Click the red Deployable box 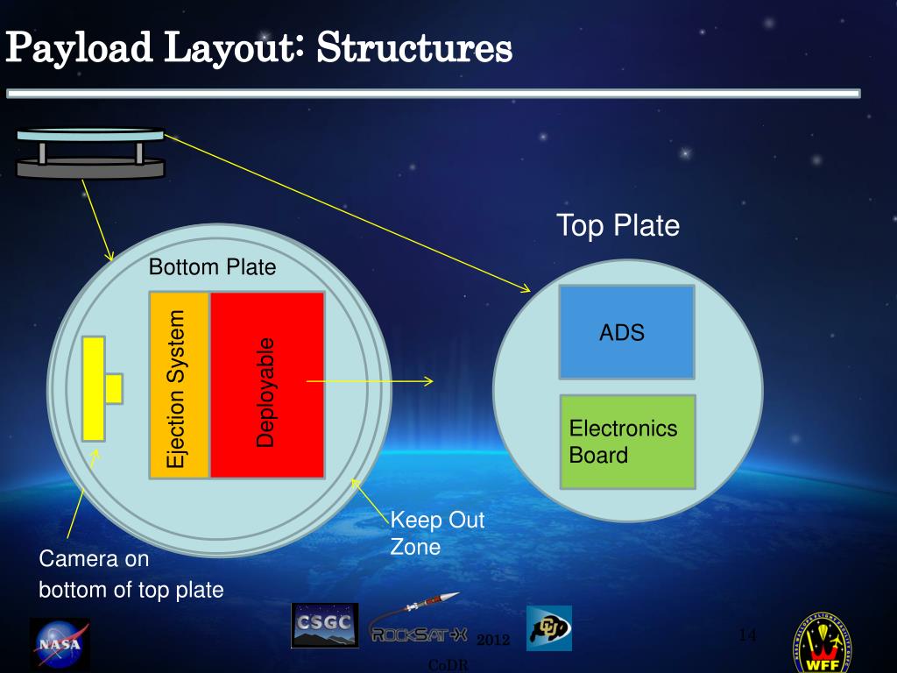click(266, 386)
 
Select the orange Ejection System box click(180, 386)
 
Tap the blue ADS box click(626, 332)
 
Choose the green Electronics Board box click(626, 442)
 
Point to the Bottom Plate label click(212, 267)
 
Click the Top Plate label click(618, 226)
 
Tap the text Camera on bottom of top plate click(131, 574)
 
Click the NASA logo click(60, 645)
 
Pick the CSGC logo click(324, 625)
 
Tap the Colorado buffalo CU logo click(549, 627)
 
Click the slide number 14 click(747, 634)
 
